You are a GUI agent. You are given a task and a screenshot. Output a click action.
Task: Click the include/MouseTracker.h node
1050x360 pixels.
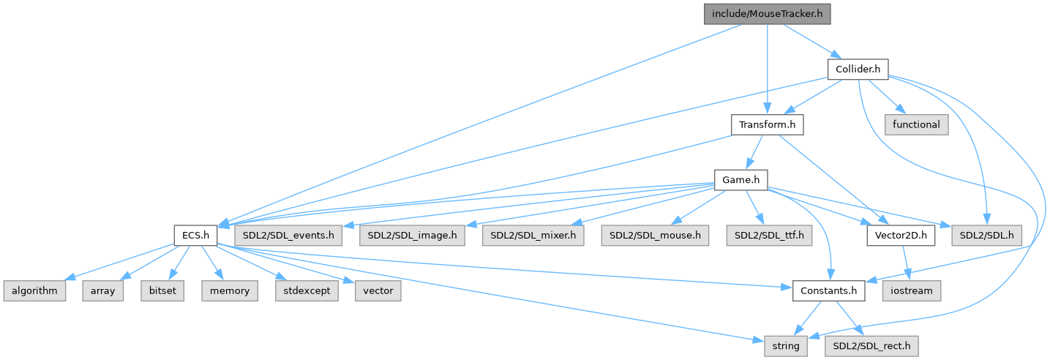[x=767, y=14]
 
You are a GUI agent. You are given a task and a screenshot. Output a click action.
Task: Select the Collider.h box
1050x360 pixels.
[x=858, y=70]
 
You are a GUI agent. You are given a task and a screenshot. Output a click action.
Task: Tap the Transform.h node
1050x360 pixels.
[x=767, y=125]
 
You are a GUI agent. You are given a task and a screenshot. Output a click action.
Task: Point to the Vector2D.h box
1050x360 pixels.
[x=901, y=236]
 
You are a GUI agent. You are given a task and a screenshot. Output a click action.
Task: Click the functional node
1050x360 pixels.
[x=916, y=125]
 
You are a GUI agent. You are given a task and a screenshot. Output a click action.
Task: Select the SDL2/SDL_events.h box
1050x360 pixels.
[x=289, y=236]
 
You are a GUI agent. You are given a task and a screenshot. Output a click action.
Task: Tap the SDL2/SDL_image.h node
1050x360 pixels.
[x=412, y=236]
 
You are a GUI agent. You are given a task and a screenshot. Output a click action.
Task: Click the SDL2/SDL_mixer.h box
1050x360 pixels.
[x=533, y=236]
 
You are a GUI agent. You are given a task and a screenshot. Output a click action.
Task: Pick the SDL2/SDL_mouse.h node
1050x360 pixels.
[x=654, y=236]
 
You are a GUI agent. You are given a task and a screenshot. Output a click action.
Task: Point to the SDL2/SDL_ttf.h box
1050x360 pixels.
[x=765, y=236]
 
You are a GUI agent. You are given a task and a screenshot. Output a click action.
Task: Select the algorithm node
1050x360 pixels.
[x=34, y=290]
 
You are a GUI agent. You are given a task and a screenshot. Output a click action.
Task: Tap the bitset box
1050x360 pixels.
[x=166, y=290]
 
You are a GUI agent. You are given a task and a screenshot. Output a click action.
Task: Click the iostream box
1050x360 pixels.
[x=911, y=290]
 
